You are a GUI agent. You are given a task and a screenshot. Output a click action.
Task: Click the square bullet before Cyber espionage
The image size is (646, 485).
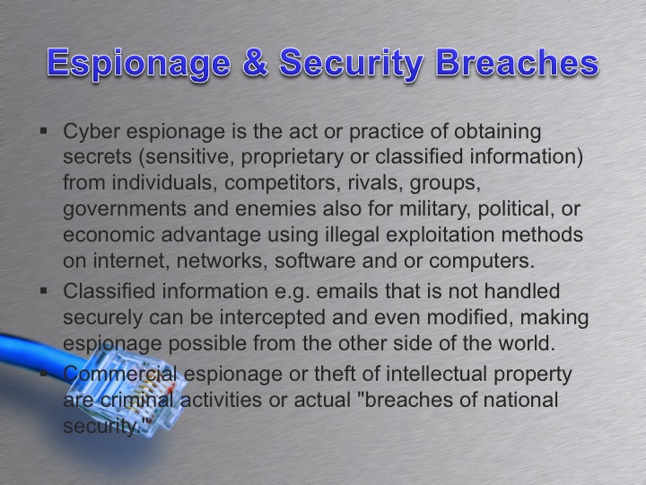44,132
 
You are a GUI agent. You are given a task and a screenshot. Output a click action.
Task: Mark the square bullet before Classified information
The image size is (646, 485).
44,291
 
